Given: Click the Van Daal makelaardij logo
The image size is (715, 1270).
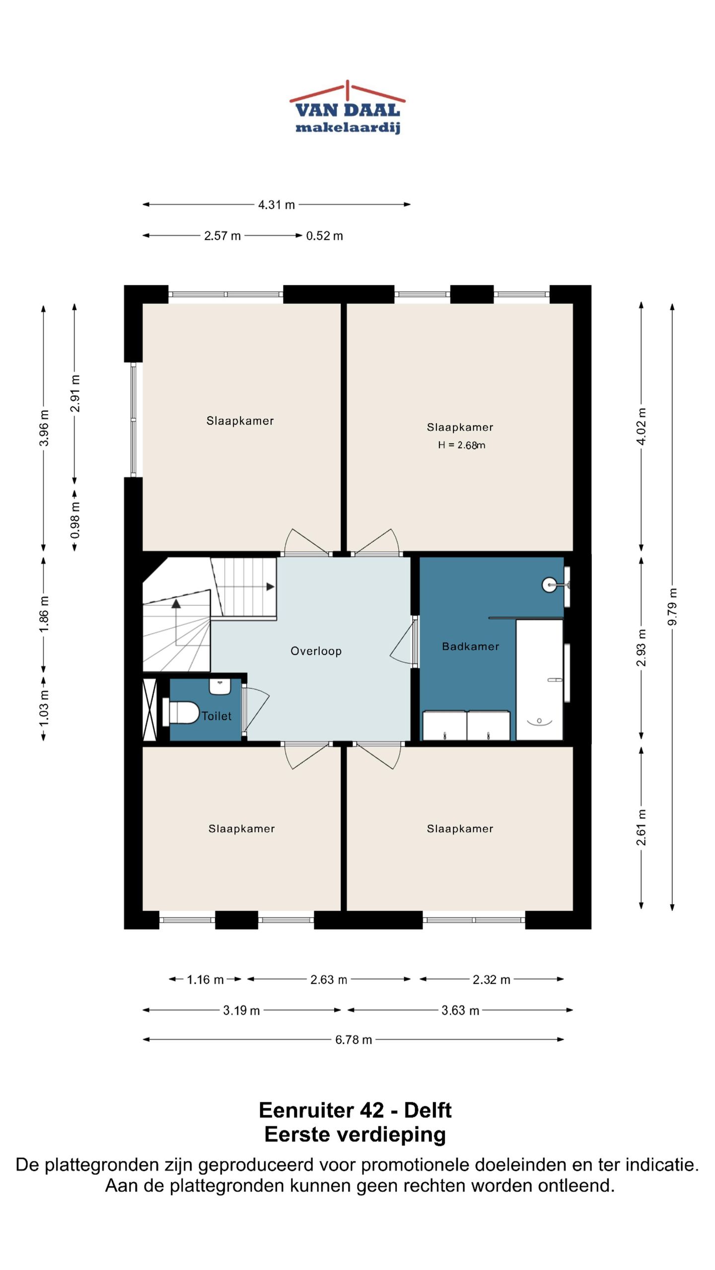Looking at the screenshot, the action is [x=348, y=107].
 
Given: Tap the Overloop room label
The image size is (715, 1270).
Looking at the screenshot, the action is [x=316, y=651].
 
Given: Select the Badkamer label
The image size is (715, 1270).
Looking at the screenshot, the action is [x=470, y=646].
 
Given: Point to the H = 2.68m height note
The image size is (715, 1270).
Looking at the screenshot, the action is [x=461, y=445].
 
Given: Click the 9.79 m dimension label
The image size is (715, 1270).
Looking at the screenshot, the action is [x=672, y=607].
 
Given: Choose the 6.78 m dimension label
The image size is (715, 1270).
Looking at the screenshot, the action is [x=354, y=1039].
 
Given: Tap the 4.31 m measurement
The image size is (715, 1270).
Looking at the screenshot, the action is [x=277, y=204].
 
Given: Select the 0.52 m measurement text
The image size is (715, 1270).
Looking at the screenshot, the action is [x=324, y=236].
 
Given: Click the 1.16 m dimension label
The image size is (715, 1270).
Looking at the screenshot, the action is [x=205, y=979].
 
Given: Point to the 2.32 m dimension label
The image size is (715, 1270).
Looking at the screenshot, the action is [x=492, y=979].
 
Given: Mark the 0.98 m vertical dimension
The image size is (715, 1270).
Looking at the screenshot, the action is [x=75, y=520].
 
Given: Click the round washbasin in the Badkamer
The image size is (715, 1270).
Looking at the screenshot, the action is [x=550, y=585].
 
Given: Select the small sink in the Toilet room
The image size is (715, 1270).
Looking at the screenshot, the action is [x=220, y=687].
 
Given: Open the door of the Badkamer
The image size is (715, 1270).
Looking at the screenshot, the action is [x=403, y=641].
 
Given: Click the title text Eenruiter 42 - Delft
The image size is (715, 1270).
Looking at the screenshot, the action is [x=355, y=1110].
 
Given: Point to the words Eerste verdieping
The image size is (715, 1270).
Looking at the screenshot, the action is [x=355, y=1135].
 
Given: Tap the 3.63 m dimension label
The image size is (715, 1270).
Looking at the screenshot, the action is [x=460, y=1011].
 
